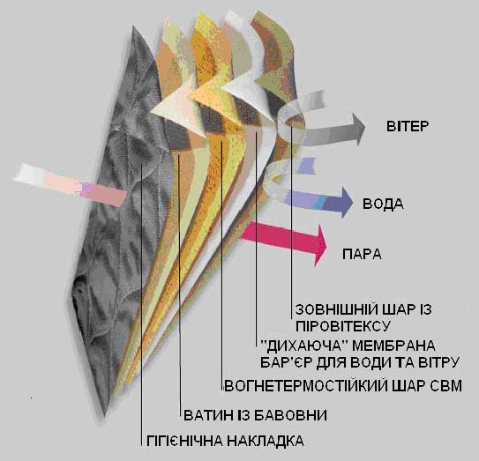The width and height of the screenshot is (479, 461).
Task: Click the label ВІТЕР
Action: click(408, 126)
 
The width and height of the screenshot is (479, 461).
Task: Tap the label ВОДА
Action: click(383, 204)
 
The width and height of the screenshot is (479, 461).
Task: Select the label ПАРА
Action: click(362, 254)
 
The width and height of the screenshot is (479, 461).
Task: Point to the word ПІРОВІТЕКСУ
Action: click(343, 326)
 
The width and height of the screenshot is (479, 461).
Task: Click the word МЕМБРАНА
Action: click(393, 346)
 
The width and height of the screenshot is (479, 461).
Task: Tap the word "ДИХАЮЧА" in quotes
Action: click(304, 346)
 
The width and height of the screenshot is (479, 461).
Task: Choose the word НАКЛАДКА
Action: click(266, 441)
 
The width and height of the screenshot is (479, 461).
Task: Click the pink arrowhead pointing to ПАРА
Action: click(320, 245)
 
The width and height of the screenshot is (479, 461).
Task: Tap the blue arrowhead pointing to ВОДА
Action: click(347, 203)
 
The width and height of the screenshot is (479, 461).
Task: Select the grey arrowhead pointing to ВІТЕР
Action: click(358, 130)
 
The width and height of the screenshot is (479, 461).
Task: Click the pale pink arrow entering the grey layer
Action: click(71, 185)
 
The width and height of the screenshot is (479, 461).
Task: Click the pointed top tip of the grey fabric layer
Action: click(133, 26)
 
